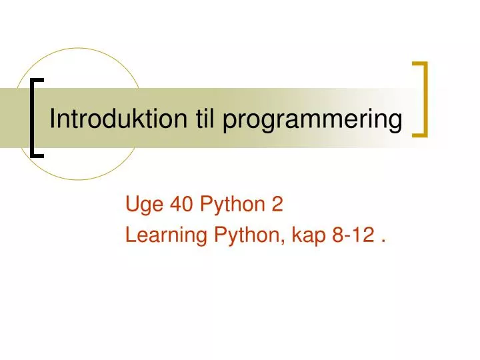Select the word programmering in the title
[313, 121]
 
